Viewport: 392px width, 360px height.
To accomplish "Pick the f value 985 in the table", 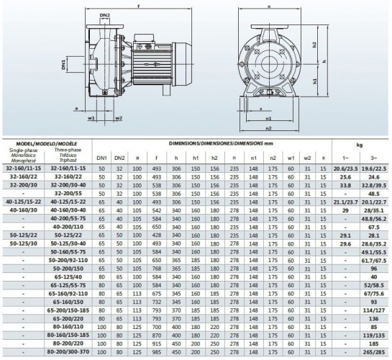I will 156,351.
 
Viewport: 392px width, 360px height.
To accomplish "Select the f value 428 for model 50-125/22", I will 156,235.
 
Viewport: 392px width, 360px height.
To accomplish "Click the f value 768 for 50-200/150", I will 156,268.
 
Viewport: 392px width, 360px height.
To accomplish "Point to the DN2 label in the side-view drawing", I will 105,14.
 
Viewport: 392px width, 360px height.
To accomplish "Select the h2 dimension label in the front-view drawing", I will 316,44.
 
